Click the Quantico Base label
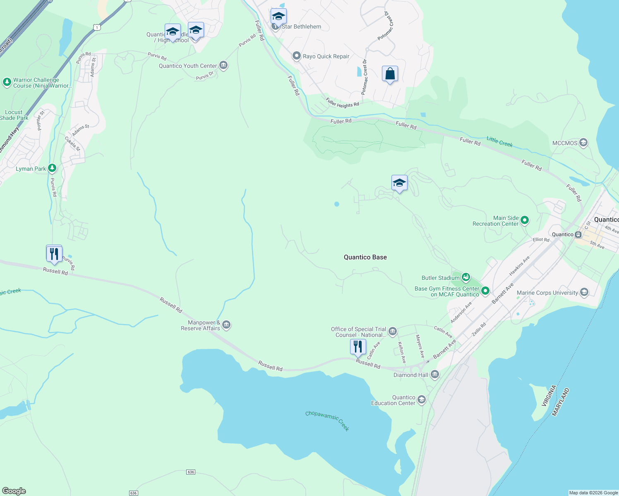point(365,257)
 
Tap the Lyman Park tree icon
point(52,168)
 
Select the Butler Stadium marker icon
point(466,277)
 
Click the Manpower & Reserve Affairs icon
point(226,325)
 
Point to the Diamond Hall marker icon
point(434,374)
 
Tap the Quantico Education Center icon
point(421,400)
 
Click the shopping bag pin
point(390,74)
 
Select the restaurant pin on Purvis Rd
point(54,253)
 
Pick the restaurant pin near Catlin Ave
point(358,346)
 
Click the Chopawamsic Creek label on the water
point(327,420)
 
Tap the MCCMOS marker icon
point(583,143)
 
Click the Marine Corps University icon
point(584,293)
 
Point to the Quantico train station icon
point(578,234)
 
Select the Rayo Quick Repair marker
point(296,56)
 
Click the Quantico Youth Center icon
point(223,65)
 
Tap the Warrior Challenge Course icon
point(7,82)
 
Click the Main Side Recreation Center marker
point(525,220)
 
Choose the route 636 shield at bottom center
point(190,472)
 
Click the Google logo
point(14,491)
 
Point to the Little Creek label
point(499,142)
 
